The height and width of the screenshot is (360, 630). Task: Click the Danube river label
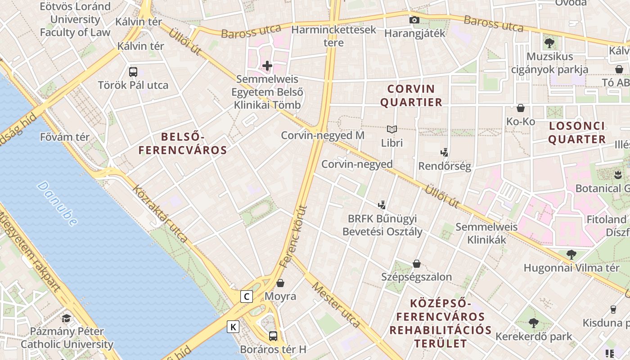pyautogui.click(x=57, y=203)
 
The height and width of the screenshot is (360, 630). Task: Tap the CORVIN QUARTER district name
pyautogui.click(x=411, y=95)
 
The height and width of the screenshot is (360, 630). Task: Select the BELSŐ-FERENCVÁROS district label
pyautogui.click(x=183, y=144)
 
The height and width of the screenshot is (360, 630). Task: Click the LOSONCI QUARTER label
pyautogui.click(x=577, y=132)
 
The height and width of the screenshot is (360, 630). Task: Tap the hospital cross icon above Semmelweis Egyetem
pyautogui.click(x=267, y=66)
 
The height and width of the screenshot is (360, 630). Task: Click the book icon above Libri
pyautogui.click(x=392, y=130)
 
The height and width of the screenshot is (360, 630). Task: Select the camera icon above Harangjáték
pyautogui.click(x=414, y=20)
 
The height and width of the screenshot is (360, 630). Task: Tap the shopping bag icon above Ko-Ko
pyautogui.click(x=521, y=108)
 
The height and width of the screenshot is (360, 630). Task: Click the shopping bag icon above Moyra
pyautogui.click(x=280, y=283)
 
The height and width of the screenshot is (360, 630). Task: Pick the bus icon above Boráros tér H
pyautogui.click(x=273, y=336)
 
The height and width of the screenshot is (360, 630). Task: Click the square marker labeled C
pyautogui.click(x=246, y=297)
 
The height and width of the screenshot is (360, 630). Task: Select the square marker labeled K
pyautogui.click(x=233, y=327)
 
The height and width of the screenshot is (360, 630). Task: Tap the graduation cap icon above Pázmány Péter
pyautogui.click(x=67, y=318)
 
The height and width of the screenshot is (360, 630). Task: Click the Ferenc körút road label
pyautogui.click(x=293, y=237)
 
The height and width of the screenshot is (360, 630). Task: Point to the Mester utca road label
pyautogui.click(x=336, y=305)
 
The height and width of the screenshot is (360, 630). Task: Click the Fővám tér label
pyautogui.click(x=65, y=137)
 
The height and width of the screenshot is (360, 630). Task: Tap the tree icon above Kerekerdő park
pyautogui.click(x=534, y=323)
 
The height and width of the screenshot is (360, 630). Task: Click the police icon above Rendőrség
pyautogui.click(x=445, y=153)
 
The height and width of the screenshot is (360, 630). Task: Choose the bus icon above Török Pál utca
pyautogui.click(x=133, y=72)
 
